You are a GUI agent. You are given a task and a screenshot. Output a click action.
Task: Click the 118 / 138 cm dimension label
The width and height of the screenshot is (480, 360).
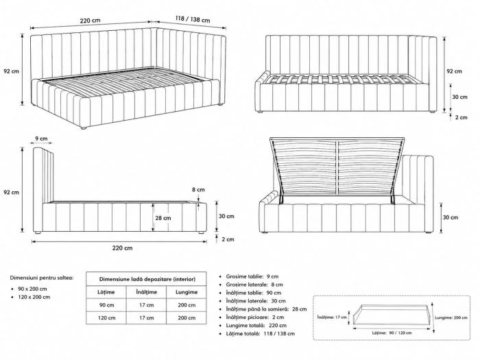193,19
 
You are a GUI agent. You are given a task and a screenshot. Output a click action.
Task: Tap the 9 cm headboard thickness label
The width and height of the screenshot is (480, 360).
41,139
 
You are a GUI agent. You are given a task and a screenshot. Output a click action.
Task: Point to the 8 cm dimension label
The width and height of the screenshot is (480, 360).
198,189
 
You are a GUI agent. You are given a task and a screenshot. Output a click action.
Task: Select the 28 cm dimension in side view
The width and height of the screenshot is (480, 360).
163,218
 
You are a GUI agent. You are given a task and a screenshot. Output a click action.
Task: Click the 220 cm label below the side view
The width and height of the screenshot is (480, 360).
122,248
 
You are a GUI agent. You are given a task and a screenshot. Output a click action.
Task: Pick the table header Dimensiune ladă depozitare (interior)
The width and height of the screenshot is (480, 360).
147,279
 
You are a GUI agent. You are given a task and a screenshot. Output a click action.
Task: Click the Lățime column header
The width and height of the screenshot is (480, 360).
106,292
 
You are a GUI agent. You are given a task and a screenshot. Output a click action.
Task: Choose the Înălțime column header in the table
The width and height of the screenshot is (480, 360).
146,292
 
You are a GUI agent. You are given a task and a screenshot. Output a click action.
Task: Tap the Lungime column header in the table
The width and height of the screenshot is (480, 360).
187,292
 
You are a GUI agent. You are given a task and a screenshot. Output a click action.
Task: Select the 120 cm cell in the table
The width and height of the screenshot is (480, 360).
106,317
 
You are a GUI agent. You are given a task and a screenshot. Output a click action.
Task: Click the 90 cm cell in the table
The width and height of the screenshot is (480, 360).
106,305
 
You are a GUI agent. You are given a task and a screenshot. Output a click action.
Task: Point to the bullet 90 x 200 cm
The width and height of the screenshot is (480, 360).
32,289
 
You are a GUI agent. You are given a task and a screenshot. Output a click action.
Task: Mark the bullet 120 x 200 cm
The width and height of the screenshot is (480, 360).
34,297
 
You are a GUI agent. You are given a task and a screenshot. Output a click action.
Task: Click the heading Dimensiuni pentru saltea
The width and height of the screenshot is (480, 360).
42,278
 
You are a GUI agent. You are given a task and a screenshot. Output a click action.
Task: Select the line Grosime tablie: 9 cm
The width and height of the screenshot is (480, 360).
252,276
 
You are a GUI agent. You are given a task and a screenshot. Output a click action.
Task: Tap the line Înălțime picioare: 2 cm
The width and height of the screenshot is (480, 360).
255,317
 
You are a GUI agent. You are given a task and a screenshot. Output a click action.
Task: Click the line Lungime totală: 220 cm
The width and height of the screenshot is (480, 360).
256,326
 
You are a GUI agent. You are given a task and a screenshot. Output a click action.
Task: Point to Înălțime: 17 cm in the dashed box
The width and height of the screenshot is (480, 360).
332,317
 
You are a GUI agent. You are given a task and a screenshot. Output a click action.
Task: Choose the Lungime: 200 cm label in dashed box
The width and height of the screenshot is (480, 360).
451,317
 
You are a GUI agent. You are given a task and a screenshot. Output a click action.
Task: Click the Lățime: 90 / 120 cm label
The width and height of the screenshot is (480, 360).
392,333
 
